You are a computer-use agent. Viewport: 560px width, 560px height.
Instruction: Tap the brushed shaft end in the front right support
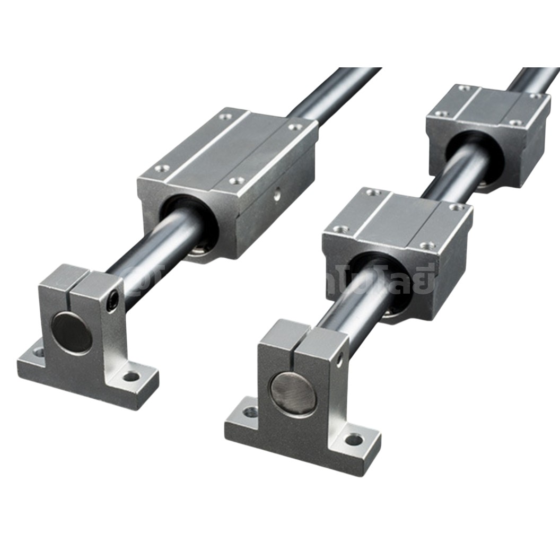coord(293,393)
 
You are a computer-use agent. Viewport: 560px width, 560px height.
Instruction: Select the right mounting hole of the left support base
coord(131,377)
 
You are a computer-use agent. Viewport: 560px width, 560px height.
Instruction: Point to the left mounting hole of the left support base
coord(38,351)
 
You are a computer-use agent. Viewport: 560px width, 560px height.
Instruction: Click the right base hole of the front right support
coord(354,440)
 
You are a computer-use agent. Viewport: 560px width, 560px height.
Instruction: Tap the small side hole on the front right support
coord(339,361)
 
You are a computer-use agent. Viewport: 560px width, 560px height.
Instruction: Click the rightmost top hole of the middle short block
coord(456,206)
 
